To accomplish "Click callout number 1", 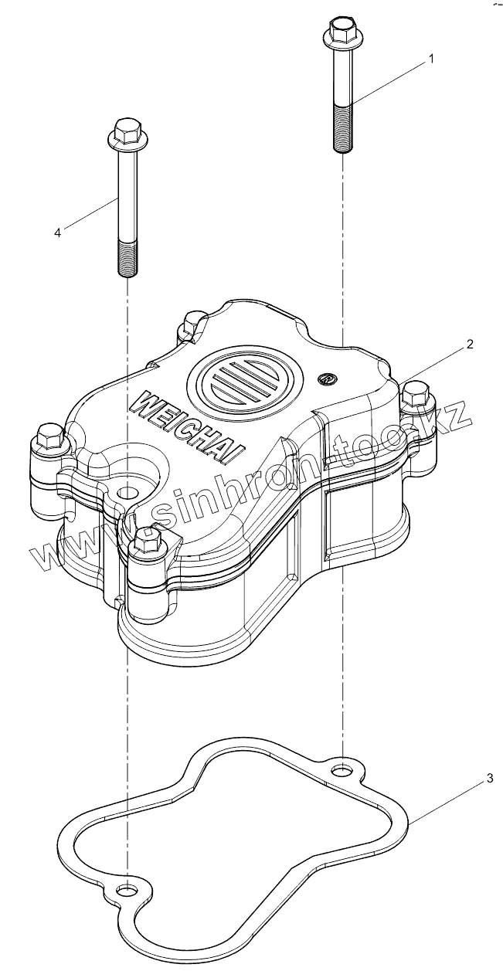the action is (x=432, y=59).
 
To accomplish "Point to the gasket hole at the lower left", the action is (x=124, y=891).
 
